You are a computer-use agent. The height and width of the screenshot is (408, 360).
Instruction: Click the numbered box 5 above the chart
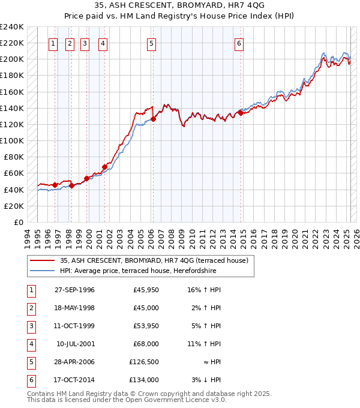[151, 43]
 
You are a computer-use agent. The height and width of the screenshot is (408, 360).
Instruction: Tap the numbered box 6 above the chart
[239, 43]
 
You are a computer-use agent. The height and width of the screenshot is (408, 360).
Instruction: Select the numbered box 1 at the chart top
[53, 43]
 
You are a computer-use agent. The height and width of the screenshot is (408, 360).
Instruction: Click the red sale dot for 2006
[153, 119]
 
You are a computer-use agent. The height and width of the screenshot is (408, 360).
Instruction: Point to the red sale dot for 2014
[241, 112]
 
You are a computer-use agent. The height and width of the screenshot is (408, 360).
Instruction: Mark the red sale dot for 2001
[104, 167]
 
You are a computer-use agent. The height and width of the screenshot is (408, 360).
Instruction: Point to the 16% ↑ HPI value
[205, 290]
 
